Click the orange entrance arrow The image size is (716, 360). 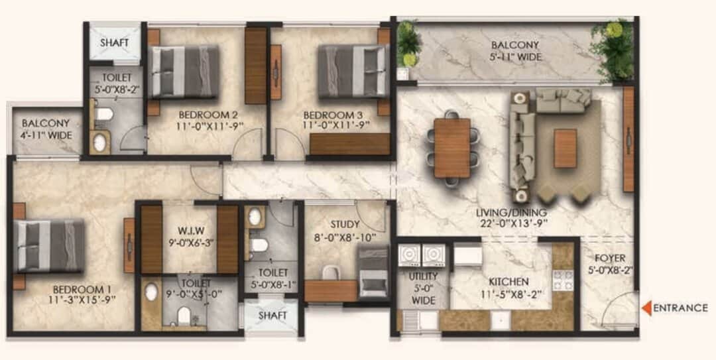[646, 308]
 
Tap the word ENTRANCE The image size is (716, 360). [681, 308]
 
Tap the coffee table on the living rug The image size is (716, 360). [565, 148]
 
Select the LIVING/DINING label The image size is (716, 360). [511, 213]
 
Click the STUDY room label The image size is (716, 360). [345, 225]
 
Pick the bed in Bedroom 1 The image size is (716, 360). [50, 246]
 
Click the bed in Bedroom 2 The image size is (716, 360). [184, 72]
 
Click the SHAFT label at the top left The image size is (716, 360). [115, 43]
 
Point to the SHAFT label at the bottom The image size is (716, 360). [272, 316]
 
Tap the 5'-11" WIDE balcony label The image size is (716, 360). [516, 57]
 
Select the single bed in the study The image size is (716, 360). [373, 272]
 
